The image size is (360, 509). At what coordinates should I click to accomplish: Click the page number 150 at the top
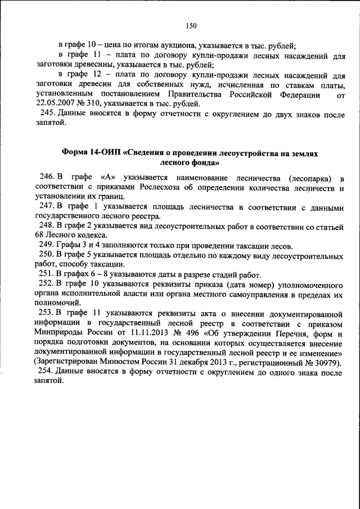191,25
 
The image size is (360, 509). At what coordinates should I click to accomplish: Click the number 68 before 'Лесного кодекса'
39,234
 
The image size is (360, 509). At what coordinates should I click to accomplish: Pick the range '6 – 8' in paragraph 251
91,274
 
